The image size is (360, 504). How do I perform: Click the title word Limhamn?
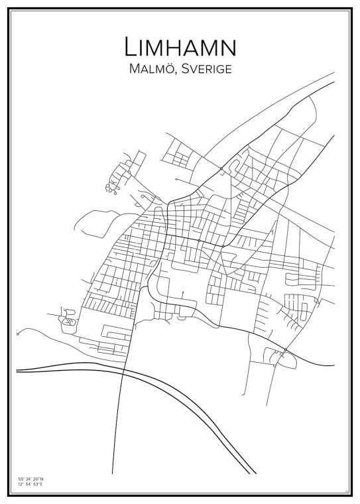click(180, 47)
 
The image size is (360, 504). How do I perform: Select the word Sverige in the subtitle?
click(206, 69)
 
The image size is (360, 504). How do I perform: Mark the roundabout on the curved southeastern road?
click(284, 350)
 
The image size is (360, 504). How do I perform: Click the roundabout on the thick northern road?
click(221, 170)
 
